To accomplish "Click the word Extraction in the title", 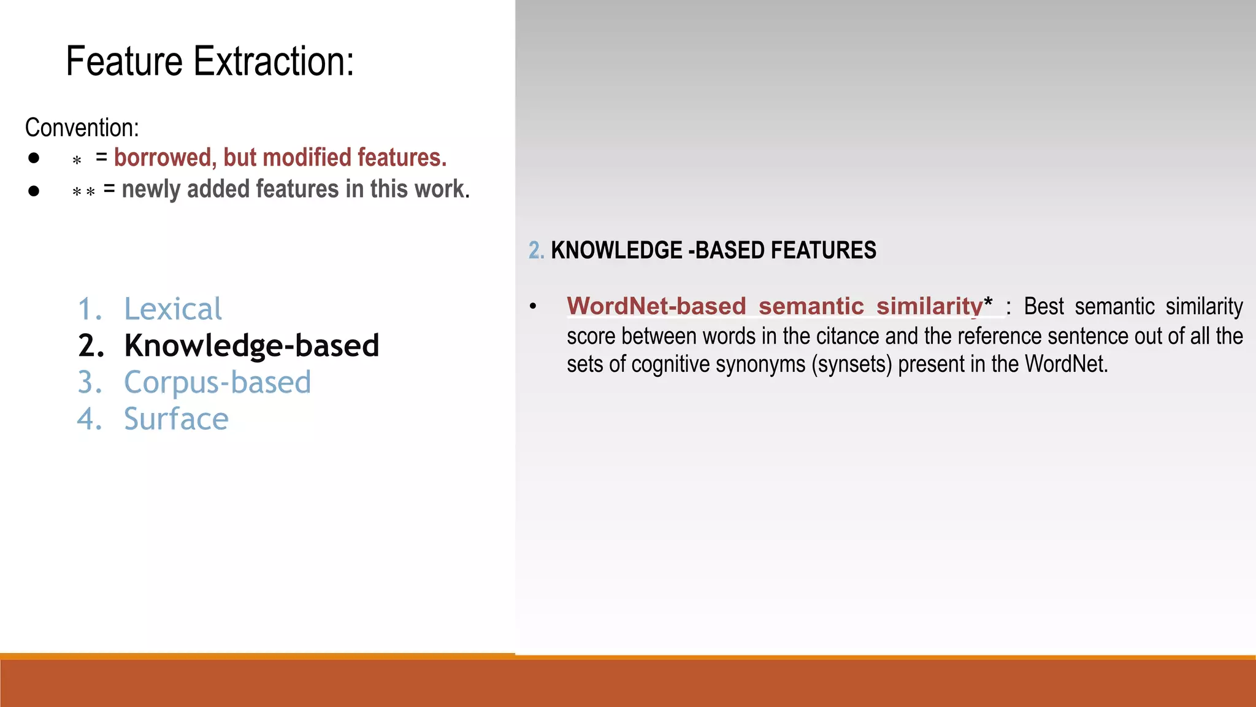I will pyautogui.click(x=274, y=61).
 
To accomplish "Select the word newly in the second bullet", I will pyautogui.click(x=152, y=189).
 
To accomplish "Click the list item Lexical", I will pyautogui.click(x=172, y=309).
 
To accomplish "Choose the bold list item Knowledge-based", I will pyautogui.click(x=251, y=346).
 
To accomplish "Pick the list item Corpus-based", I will pyautogui.click(x=217, y=382).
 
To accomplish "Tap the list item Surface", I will pyautogui.click(x=176, y=419).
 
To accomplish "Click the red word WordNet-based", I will pyautogui.click(x=656, y=306).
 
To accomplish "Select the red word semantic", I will pyautogui.click(x=811, y=306).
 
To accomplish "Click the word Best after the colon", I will pyautogui.click(x=1044, y=306).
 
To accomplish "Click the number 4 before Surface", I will pyautogui.click(x=89, y=419).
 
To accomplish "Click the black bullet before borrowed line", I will pyautogui.click(x=34, y=158).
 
